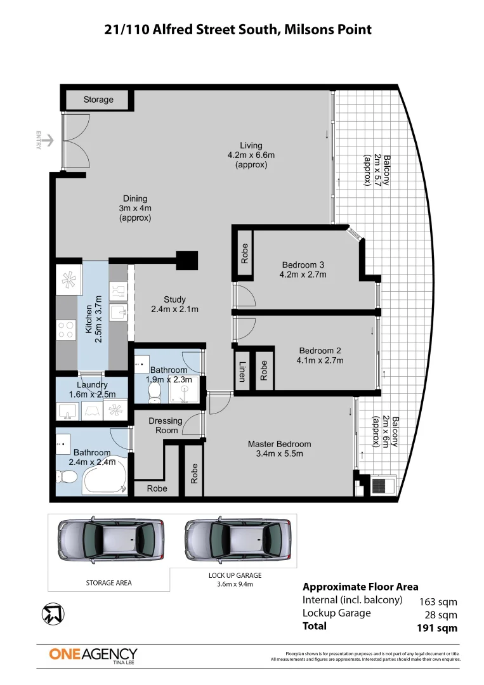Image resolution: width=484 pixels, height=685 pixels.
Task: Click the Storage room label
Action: [x=98, y=100]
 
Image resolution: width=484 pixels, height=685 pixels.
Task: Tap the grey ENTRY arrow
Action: [x=48, y=140]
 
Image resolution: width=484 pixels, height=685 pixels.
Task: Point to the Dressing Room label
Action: [x=166, y=426]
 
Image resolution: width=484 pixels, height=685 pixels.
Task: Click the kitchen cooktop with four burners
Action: [x=66, y=329]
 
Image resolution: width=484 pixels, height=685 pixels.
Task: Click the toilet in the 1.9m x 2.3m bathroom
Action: [x=154, y=393]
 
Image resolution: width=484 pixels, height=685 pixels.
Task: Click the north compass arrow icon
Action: [x=53, y=614]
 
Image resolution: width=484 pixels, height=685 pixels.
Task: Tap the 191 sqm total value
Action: [x=437, y=628]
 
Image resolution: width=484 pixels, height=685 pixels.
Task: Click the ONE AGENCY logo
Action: [x=93, y=655]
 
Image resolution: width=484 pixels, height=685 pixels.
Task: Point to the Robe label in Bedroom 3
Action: [x=245, y=253]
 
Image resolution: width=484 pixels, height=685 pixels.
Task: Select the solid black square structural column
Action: [x=187, y=261]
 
